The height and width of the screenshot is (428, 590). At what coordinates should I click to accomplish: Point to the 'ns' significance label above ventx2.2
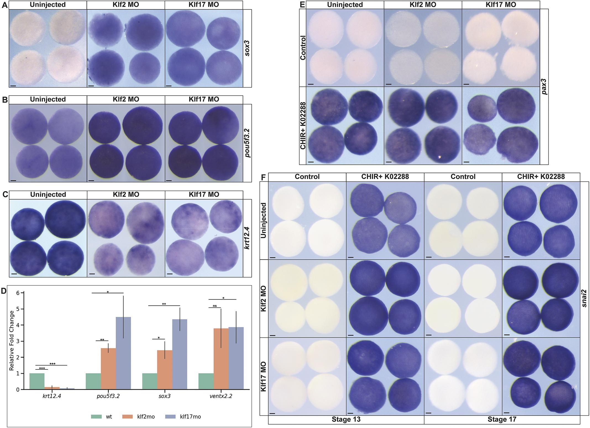pyautogui.click(x=215, y=306)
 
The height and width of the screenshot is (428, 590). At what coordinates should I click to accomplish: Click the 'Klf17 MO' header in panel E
pyautogui.click(x=500, y=4)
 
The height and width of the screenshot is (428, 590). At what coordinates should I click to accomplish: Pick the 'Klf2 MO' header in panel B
pyautogui.click(x=126, y=99)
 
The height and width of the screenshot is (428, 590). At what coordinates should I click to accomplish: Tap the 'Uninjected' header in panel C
pyautogui.click(x=48, y=195)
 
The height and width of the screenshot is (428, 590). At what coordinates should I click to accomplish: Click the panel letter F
pyautogui.click(x=264, y=177)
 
